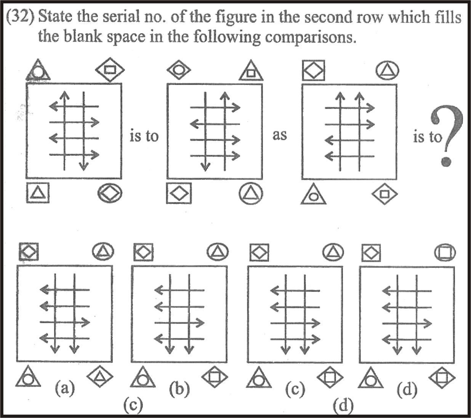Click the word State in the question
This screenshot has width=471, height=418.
point(56,17)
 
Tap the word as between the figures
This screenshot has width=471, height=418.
point(280,135)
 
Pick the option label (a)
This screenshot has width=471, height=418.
point(65,389)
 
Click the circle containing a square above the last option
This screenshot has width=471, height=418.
point(445,253)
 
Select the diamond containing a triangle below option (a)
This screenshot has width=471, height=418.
point(100,376)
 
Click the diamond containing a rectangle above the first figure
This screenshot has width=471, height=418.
point(110,69)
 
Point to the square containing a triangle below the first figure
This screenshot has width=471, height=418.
point(38,193)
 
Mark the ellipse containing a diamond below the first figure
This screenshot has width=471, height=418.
point(110,193)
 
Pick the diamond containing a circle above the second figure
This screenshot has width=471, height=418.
point(179,70)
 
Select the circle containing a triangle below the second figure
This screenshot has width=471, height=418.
point(251,194)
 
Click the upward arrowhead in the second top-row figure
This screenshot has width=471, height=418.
point(225,96)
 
